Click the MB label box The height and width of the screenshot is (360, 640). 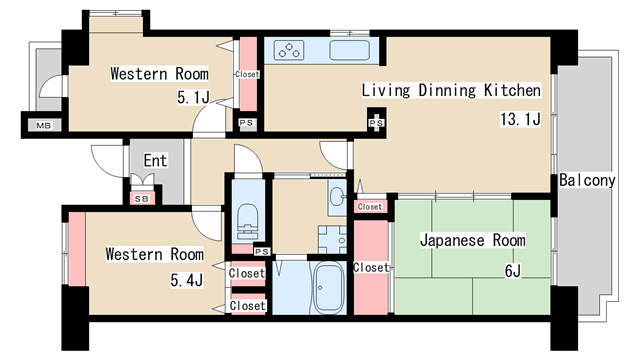coord(43,125)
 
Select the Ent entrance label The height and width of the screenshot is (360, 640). coord(154,160)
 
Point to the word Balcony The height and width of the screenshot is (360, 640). coord(587,181)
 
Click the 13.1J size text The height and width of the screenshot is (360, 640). coord(520,120)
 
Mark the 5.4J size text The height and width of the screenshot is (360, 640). coord(187,280)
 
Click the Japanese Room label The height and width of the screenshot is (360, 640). coord(471,241)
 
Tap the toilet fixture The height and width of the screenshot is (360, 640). coord(245,221)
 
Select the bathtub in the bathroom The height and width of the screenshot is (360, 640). coord(328,289)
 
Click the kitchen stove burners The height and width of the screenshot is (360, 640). coord(289,49)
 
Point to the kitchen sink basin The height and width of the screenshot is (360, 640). coord(349,49)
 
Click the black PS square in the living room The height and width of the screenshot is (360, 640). coord(376,122)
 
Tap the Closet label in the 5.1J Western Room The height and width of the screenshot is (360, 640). coord(246,75)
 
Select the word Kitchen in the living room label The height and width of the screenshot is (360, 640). coord(511,91)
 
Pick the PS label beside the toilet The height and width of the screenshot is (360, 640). coord(262,251)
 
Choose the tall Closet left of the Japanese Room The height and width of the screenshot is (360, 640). coord(371,267)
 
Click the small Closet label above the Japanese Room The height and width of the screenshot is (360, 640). coord(370,206)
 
